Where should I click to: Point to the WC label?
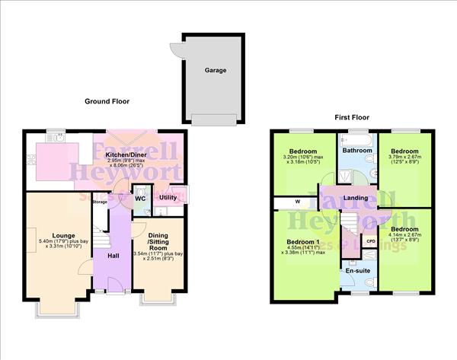pos(140,198)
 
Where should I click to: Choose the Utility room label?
pos(168,198)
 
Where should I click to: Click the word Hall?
pos(112,255)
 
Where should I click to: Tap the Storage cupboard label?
pos(100,202)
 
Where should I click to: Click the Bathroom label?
pos(357,151)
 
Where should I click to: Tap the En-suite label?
pos(356,270)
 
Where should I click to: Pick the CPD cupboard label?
pos(371,241)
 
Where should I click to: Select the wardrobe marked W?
pos(297,202)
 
